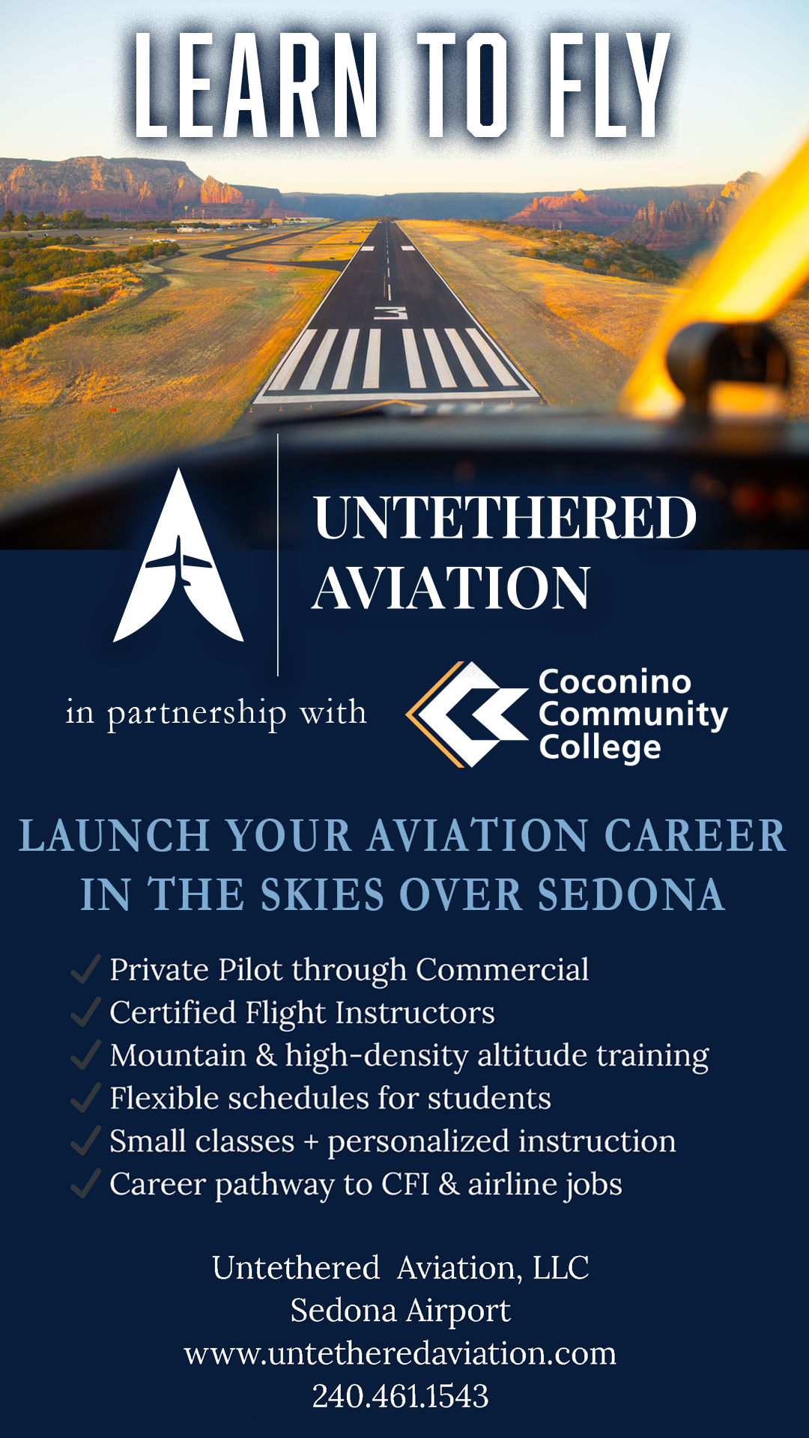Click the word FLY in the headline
[x=608, y=85]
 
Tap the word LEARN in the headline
[x=255, y=85]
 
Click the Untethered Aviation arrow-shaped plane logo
[x=178, y=556]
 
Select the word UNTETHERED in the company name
[x=505, y=518]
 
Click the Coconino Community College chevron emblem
[x=466, y=714]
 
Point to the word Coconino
[x=615, y=682]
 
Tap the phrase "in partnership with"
[x=216, y=713]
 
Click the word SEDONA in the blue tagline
[x=631, y=894]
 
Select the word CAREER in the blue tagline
[x=695, y=835]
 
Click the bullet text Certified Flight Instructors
[x=302, y=1013]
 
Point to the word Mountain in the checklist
[x=178, y=1055]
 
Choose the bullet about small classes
[x=393, y=1141]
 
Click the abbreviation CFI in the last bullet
[x=405, y=1184]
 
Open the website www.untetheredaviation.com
[x=400, y=1353]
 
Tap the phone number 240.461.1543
[x=400, y=1396]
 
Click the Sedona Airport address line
[x=400, y=1311]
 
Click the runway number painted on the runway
[x=390, y=312]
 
